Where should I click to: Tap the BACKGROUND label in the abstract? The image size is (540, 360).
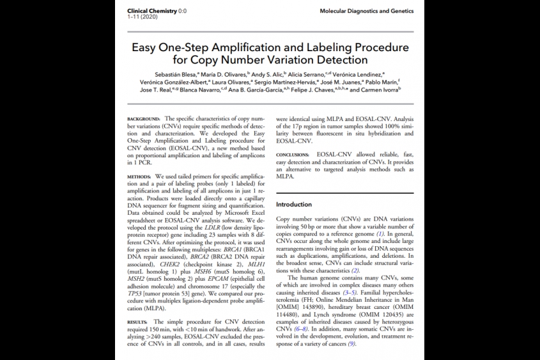coord(144,119)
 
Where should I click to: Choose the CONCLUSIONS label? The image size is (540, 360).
coord(294,155)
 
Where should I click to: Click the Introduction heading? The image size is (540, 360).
coord(294,205)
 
